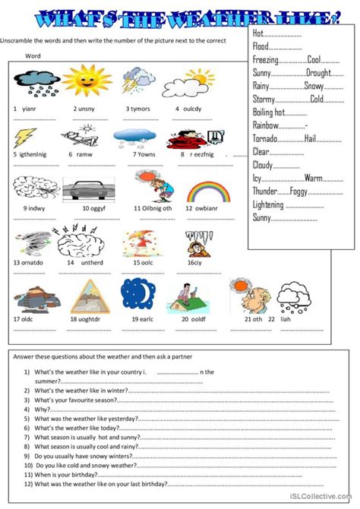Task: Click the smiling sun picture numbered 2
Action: click(84, 84)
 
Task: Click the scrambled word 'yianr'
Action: click(29, 109)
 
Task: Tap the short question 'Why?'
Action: click(42, 409)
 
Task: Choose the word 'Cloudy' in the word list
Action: click(265, 165)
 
